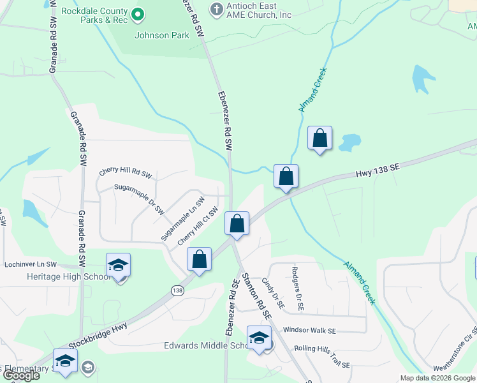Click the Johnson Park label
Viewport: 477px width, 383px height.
click(161, 36)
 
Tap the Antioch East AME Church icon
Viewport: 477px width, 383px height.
click(217, 10)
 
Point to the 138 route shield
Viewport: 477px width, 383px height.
click(177, 290)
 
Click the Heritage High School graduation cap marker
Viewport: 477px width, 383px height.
click(119, 265)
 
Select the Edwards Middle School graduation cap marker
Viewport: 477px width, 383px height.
click(259, 338)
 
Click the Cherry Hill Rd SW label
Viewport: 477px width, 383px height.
click(126, 173)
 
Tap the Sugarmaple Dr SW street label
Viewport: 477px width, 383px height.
click(139, 197)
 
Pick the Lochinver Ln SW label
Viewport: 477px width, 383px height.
click(31, 264)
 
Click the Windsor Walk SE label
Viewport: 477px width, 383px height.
click(309, 331)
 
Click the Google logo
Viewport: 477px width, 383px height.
click(21, 375)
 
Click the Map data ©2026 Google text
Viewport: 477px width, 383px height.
click(437, 377)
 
